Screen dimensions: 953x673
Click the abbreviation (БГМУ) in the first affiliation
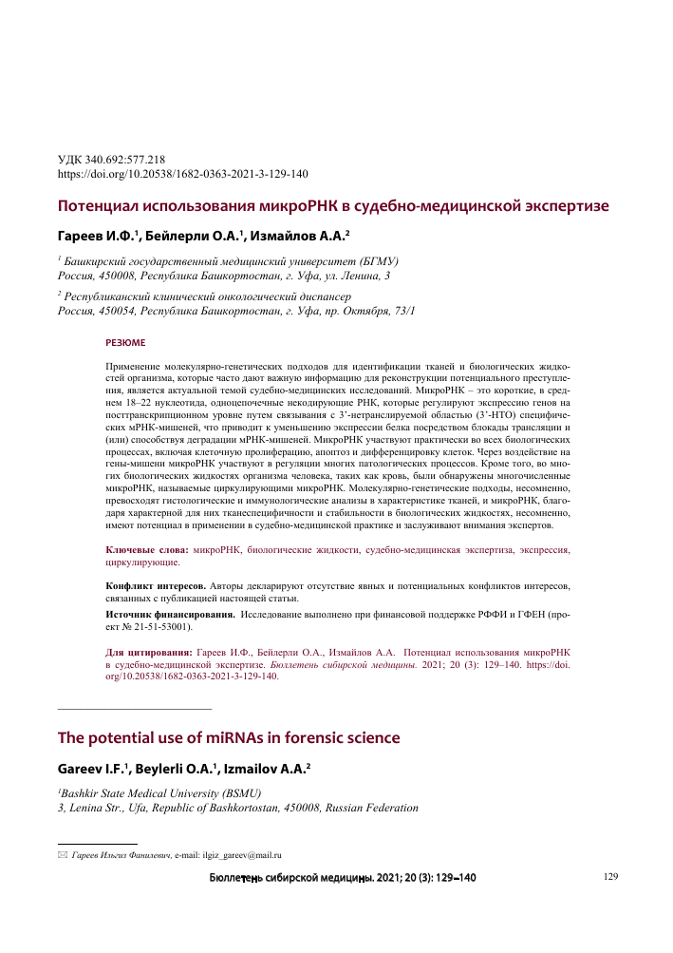[x=375, y=260]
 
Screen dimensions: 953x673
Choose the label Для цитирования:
[x=147, y=653]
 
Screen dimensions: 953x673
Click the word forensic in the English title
[x=302, y=737]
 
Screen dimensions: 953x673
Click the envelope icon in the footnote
[x=64, y=854]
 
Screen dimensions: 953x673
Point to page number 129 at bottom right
[x=610, y=877]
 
